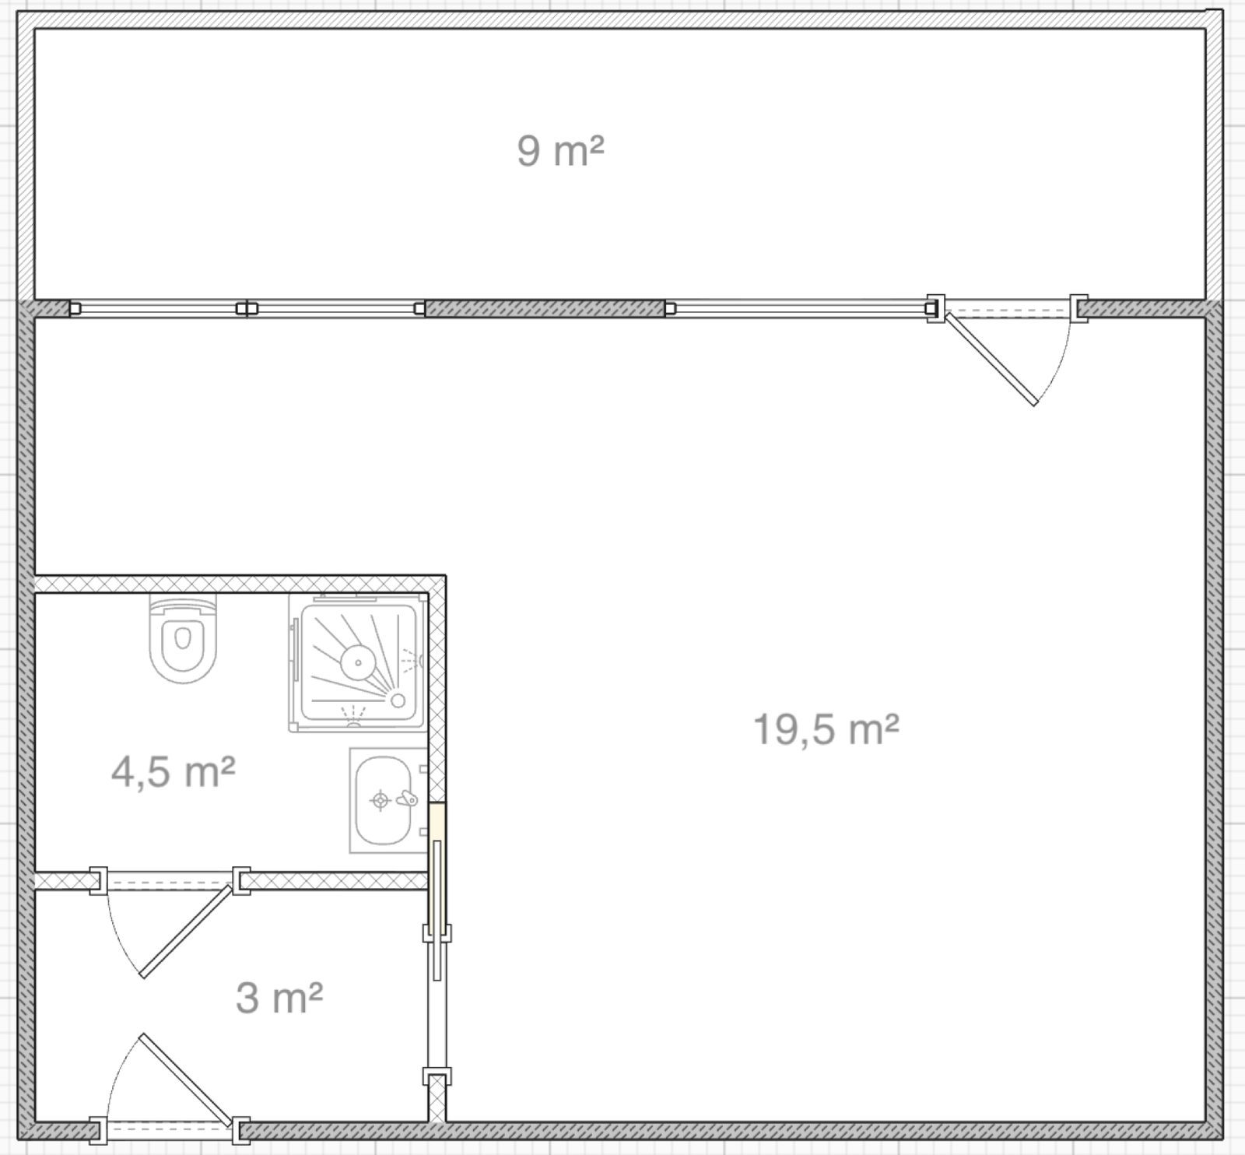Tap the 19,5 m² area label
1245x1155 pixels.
click(826, 730)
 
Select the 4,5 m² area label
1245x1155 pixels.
click(173, 772)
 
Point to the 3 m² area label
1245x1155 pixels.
click(279, 997)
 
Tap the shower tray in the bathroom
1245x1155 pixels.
click(358, 662)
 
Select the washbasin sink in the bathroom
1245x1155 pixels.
click(387, 800)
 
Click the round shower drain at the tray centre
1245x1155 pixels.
click(359, 662)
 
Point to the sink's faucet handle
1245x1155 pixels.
click(407, 799)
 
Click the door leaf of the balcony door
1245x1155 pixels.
click(990, 358)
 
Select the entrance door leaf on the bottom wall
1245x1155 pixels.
click(187, 1079)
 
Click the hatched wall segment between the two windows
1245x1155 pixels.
click(545, 308)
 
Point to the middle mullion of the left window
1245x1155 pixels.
click(246, 308)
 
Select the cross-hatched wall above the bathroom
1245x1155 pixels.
click(240, 584)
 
